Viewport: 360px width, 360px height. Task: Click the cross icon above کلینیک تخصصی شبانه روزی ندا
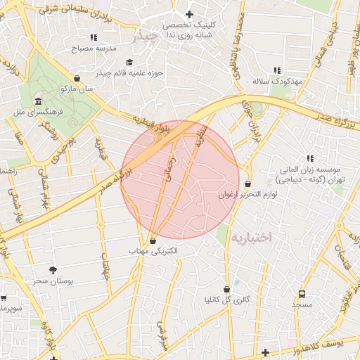pyautogui.click(x=188, y=14)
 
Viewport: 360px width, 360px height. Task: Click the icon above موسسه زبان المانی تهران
pyautogui.click(x=309, y=159)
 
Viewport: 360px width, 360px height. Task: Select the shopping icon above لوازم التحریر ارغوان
pyautogui.click(x=248, y=184)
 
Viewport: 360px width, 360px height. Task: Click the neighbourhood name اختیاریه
pyautogui.click(x=250, y=237)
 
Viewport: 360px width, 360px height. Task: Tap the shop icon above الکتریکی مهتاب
pyautogui.click(x=153, y=240)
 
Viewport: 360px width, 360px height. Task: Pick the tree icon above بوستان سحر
pyautogui.click(x=53, y=269)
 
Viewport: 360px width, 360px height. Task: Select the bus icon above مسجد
pyautogui.click(x=302, y=294)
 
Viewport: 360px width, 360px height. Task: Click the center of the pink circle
pyautogui.click(x=180, y=179)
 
